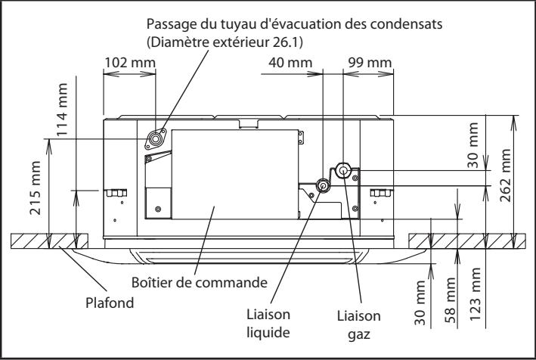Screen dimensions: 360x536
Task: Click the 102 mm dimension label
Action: pyautogui.click(x=126, y=61)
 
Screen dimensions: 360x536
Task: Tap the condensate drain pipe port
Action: pyautogui.click(x=156, y=138)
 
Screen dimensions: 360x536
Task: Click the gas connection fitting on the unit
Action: pyautogui.click(x=342, y=170)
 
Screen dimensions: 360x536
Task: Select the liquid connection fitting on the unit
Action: pyautogui.click(x=323, y=185)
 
